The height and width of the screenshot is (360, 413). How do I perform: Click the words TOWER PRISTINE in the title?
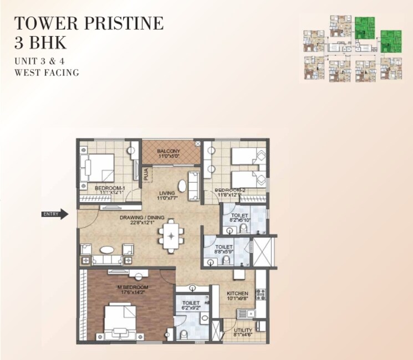coord(89,23)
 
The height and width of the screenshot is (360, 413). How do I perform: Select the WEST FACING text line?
coord(47,72)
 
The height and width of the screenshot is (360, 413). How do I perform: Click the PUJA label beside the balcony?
coord(146,174)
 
